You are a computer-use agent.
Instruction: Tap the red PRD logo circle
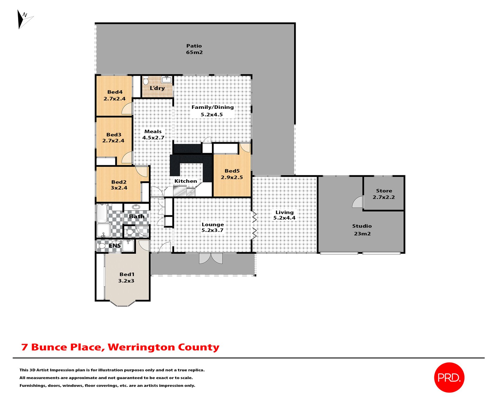[x=449, y=377]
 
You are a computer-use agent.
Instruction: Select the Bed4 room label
[x=115, y=92]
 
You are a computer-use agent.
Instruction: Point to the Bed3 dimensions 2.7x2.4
[x=113, y=141]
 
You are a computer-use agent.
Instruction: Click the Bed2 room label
[x=119, y=182]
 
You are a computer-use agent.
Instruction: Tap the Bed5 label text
[x=232, y=171]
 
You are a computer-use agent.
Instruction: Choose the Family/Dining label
[x=212, y=107]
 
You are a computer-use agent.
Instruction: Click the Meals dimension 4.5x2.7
[x=153, y=138]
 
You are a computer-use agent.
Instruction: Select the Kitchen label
[x=185, y=181]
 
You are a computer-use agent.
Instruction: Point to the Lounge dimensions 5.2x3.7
[x=212, y=230]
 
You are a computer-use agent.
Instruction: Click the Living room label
[x=284, y=212]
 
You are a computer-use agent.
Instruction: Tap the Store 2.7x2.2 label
[x=384, y=194]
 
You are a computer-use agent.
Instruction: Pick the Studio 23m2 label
[x=362, y=230]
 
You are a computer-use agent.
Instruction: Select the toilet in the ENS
[x=101, y=246]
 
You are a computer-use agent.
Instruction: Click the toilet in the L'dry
[x=146, y=81]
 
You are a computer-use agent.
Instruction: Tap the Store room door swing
[x=358, y=202]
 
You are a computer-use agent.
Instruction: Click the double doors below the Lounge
[x=211, y=258]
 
